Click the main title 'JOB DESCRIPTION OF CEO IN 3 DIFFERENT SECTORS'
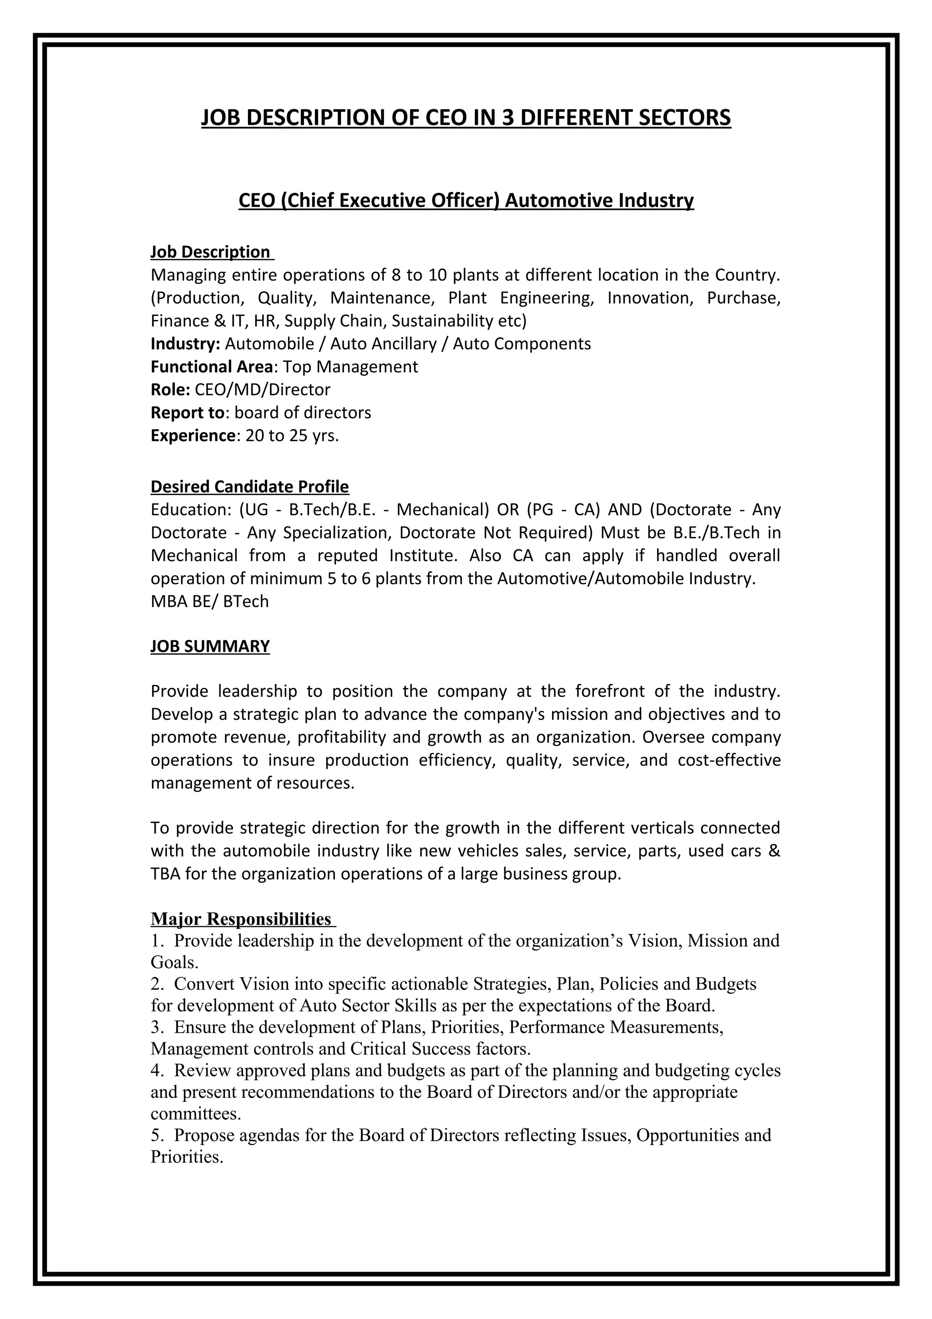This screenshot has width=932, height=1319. pyautogui.click(x=466, y=118)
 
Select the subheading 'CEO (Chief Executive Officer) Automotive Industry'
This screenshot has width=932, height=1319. pyautogui.click(x=466, y=201)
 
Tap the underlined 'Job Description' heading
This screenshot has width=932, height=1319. pyautogui.click(x=210, y=252)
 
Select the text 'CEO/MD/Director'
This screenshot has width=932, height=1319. pyautogui.click(x=263, y=390)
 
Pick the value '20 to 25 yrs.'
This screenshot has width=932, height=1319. pyautogui.click(x=292, y=436)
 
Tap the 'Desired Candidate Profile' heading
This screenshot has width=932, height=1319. pyautogui.click(x=250, y=487)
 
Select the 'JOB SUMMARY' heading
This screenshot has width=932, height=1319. pyautogui.click(x=210, y=646)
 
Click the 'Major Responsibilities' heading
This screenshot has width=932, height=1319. pyautogui.click(x=241, y=919)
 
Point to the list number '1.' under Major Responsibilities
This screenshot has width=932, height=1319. pyautogui.click(x=157, y=941)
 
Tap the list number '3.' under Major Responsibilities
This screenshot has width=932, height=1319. pyautogui.click(x=157, y=1027)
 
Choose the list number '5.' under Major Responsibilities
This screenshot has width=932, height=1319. pyautogui.click(x=157, y=1135)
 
